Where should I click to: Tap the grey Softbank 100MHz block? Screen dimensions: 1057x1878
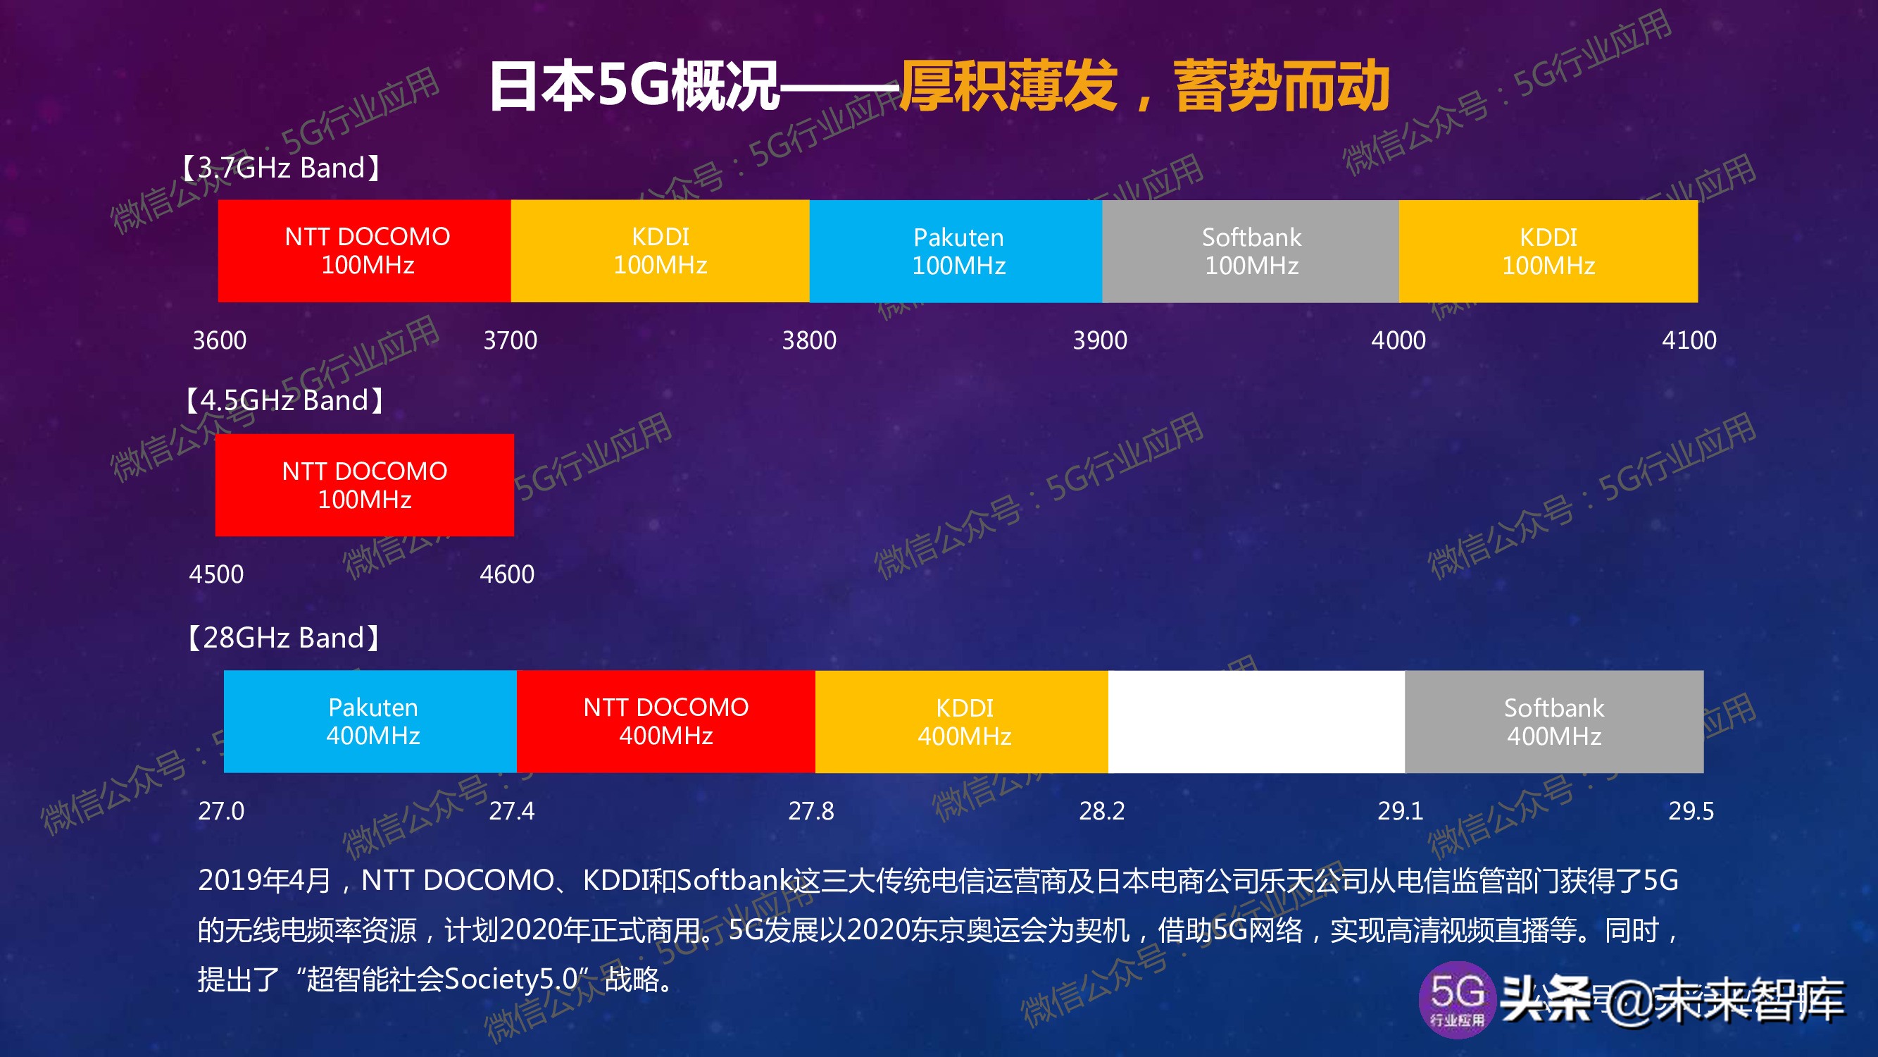(1251, 251)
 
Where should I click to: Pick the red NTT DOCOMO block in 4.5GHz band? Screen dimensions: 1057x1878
(365, 485)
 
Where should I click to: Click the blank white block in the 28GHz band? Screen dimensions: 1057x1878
(1256, 722)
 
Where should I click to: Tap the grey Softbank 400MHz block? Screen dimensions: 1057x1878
(1554, 722)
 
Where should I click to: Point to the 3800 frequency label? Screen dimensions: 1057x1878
(809, 340)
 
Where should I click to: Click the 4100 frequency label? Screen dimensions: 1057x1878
(1689, 340)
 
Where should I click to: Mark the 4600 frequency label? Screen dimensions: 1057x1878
(508, 575)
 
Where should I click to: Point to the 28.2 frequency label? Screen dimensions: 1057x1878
(1101, 811)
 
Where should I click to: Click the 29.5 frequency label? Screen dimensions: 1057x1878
(1691, 811)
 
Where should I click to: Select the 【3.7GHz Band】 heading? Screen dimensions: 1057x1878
(282, 168)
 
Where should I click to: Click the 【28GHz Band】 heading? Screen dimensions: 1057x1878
(283, 638)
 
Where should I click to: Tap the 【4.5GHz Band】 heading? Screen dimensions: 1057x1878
(284, 400)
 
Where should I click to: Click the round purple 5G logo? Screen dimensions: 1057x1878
(1457, 999)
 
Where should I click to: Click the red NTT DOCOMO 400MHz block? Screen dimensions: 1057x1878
(665, 722)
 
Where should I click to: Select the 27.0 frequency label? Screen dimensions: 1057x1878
(222, 811)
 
